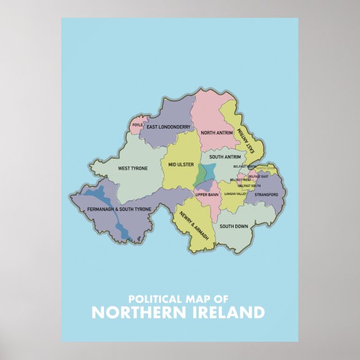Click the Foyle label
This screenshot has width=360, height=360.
click(138, 125)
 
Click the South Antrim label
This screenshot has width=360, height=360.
click(225, 157)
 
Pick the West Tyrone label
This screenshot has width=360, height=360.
click(132, 168)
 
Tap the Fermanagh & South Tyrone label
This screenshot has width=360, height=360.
click(119, 209)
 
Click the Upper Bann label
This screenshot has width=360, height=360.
click(206, 195)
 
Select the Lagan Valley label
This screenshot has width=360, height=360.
click(235, 193)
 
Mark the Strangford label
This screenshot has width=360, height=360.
click(266, 195)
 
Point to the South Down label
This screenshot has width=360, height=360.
click(234, 226)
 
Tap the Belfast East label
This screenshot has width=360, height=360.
click(258, 176)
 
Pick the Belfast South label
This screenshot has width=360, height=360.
click(249, 185)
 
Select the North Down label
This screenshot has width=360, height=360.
click(266, 168)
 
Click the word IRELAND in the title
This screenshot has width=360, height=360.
click(226, 312)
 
